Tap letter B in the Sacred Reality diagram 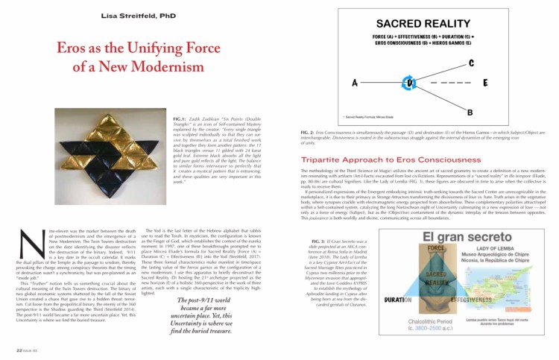pos(469,112)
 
